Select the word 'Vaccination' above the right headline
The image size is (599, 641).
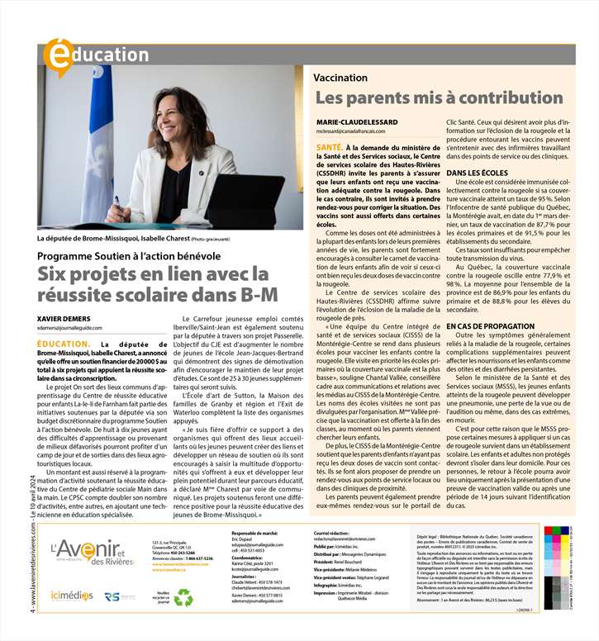[340, 77]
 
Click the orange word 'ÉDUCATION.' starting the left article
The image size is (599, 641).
[65, 343]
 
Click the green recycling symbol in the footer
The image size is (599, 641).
[183, 574]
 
